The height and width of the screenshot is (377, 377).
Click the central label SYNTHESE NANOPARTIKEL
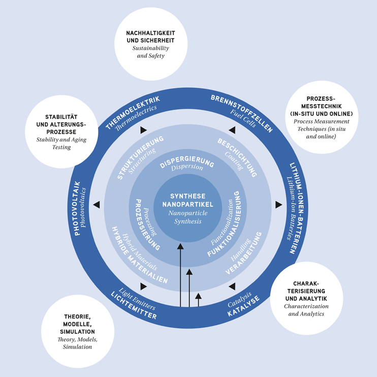pos(188,200)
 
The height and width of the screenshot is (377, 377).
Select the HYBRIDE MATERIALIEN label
pos(138,259)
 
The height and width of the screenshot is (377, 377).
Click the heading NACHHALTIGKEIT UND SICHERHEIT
pos(151,37)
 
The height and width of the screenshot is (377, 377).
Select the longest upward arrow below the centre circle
pos(180,274)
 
